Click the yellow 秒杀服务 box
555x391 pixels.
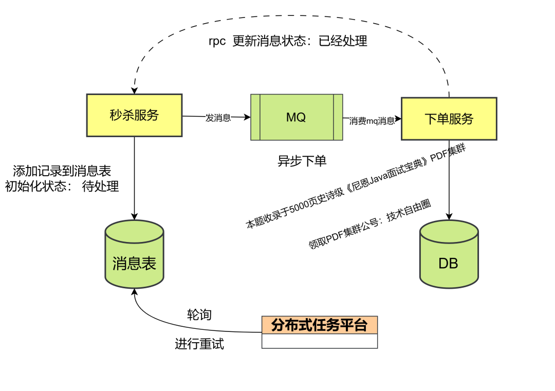point(134,115)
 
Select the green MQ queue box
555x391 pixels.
point(297,117)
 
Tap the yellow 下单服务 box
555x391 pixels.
point(449,119)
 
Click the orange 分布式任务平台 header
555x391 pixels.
point(319,325)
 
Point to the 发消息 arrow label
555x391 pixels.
point(218,118)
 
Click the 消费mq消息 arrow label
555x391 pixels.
point(372,121)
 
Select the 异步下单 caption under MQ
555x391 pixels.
point(302,161)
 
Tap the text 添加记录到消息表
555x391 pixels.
point(62,171)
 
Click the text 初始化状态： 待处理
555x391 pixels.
point(62,187)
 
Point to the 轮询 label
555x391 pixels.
point(199,315)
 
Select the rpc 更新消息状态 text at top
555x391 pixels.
point(288,41)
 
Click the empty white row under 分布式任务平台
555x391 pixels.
point(319,341)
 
